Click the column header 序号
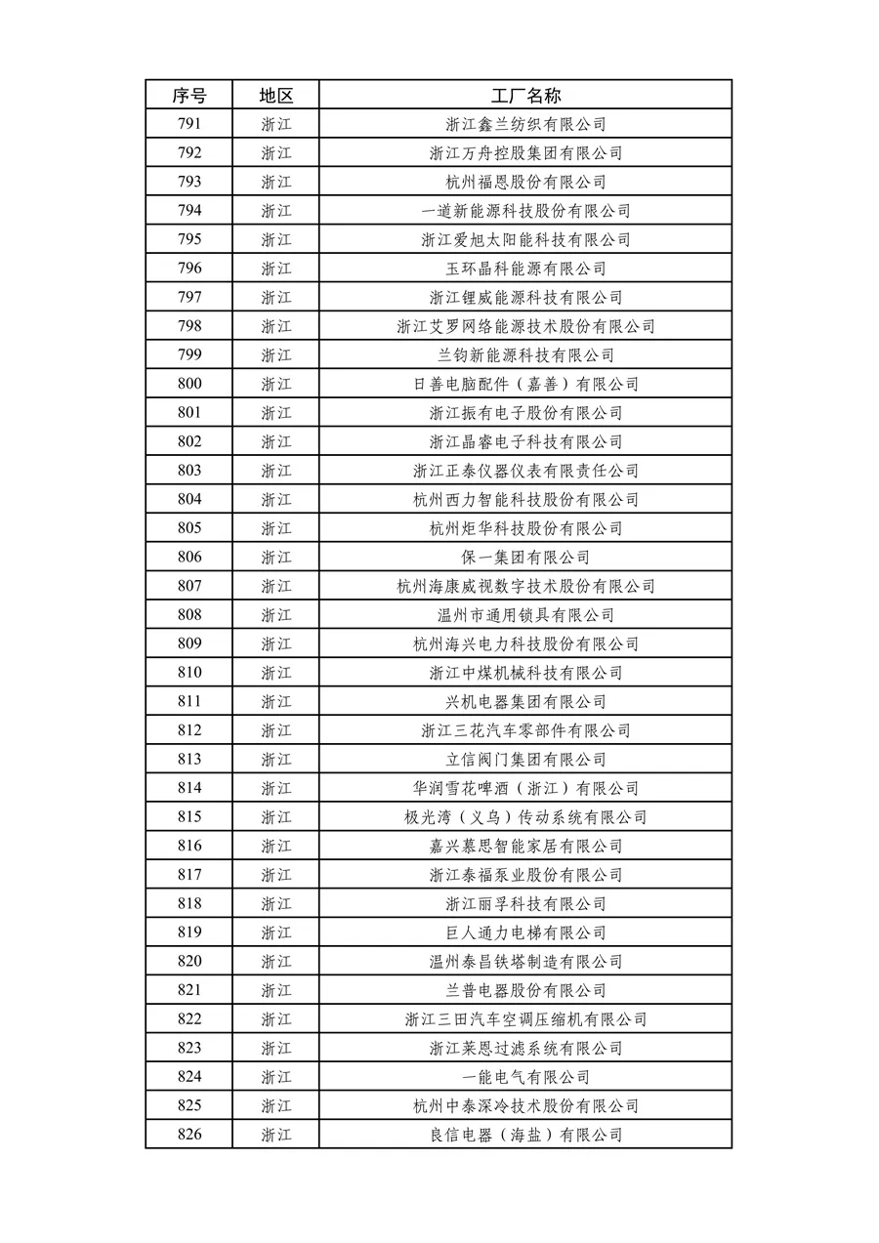pyautogui.click(x=189, y=95)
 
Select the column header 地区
pyautogui.click(x=275, y=95)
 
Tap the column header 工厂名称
pyautogui.click(x=525, y=95)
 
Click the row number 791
pyautogui.click(x=189, y=124)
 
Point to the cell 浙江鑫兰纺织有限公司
pyautogui.click(x=525, y=124)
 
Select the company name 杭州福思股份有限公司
pyautogui.click(x=525, y=182)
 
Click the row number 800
pyautogui.click(x=189, y=384)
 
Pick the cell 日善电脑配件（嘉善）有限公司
pyautogui.click(x=525, y=384)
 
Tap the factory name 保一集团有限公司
pyautogui.click(x=525, y=558)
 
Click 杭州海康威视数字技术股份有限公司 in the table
pyautogui.click(x=525, y=586)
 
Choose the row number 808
pyautogui.click(x=189, y=615)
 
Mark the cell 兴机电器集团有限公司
pyautogui.click(x=525, y=702)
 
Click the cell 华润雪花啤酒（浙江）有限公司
pyautogui.click(x=525, y=788)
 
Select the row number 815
pyautogui.click(x=189, y=817)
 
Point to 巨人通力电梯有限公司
pyautogui.click(x=525, y=932)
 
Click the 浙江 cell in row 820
pyautogui.click(x=275, y=962)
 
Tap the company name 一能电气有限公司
pyautogui.click(x=525, y=1077)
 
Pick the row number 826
pyautogui.click(x=189, y=1135)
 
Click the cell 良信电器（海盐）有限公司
pyautogui.click(x=525, y=1135)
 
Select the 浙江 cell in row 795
pyautogui.click(x=275, y=239)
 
